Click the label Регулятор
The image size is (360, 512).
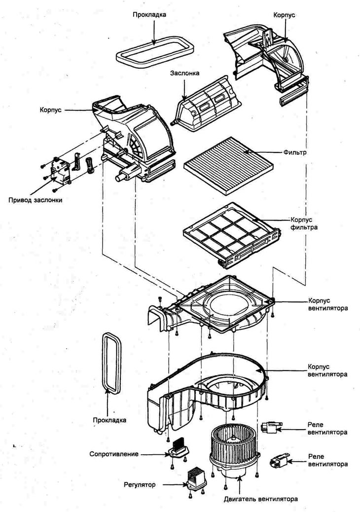tap(140, 485)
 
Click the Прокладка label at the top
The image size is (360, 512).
tap(149, 15)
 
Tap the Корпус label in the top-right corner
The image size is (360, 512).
tap(284, 15)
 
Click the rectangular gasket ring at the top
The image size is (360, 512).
tap(154, 53)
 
